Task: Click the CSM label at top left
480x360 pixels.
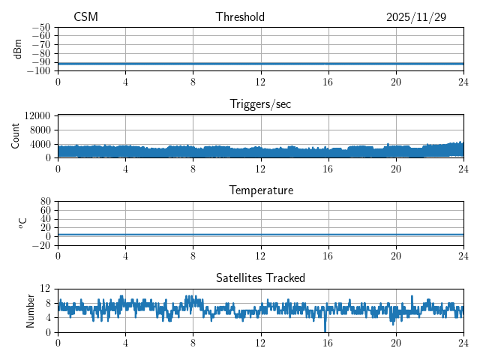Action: pyautogui.click(x=85, y=17)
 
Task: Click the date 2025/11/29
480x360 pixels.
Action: pyautogui.click(x=416, y=17)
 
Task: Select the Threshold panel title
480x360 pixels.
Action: pyautogui.click(x=240, y=17)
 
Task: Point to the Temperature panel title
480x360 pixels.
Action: pyautogui.click(x=260, y=190)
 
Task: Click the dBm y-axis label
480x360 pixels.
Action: pyautogui.click(x=18, y=49)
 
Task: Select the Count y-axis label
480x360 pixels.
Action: pyautogui.click(x=16, y=136)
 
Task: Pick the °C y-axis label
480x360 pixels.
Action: pyautogui.click(x=22, y=223)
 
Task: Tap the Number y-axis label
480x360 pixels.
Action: pyautogui.click(x=31, y=310)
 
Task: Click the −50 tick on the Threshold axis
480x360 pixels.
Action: pyautogui.click(x=42, y=27)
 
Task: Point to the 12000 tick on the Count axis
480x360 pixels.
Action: pyautogui.click(x=37, y=116)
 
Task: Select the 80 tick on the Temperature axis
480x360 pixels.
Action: pyautogui.click(x=46, y=202)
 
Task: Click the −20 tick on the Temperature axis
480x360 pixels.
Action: pyautogui.click(x=42, y=245)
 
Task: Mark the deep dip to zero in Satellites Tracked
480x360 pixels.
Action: pyautogui.click(x=325, y=331)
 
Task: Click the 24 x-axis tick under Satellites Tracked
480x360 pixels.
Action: pyautogui.click(x=463, y=342)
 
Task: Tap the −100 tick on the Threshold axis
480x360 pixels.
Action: pyautogui.click(x=40, y=70)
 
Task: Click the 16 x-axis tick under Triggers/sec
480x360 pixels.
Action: pyautogui.click(x=328, y=168)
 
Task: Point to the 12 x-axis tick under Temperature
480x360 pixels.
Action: pyautogui.click(x=260, y=255)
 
